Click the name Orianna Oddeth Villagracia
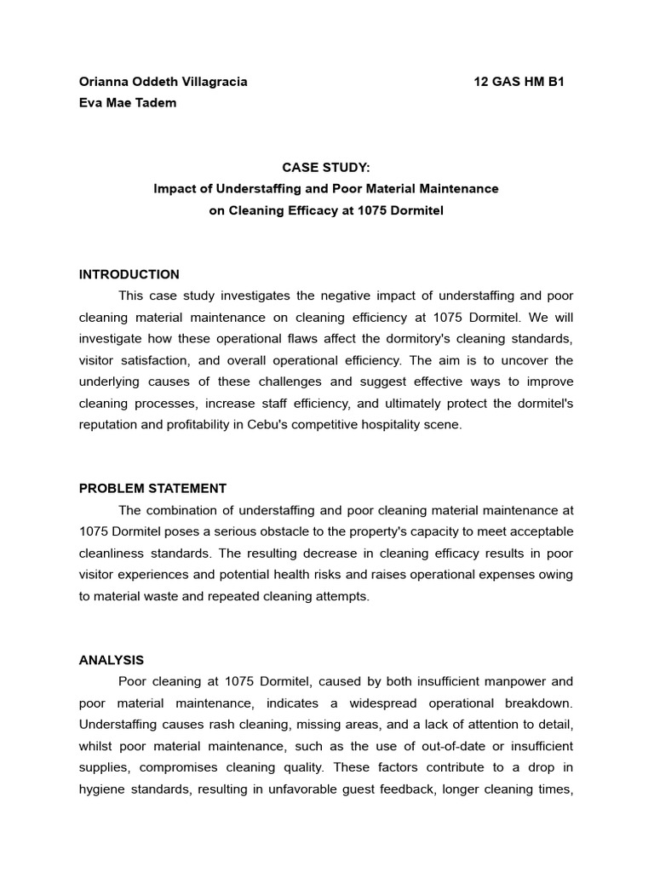pos(163,82)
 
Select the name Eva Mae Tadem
pos(128,103)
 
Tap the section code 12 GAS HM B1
pos(519,82)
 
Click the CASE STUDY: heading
pos(326,168)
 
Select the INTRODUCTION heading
pos(129,274)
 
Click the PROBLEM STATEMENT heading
pos(153,488)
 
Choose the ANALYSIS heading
pos(112,660)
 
